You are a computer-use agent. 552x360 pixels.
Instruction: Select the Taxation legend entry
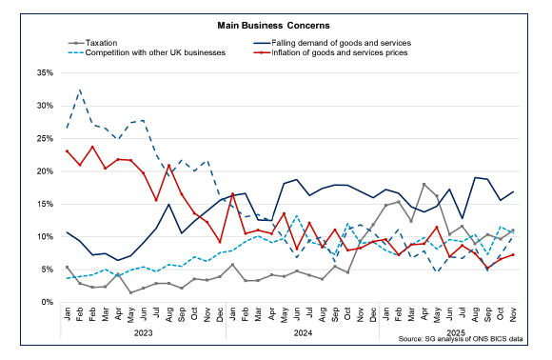105,42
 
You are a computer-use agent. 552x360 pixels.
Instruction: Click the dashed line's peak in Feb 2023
80,90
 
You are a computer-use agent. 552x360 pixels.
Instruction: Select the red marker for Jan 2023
67,150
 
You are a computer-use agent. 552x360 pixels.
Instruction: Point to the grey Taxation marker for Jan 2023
67,268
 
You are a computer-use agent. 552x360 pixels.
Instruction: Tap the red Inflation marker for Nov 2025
514,254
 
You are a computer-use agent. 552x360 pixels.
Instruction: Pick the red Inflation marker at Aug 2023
168,165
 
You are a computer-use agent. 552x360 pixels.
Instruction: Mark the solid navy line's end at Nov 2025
514,191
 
